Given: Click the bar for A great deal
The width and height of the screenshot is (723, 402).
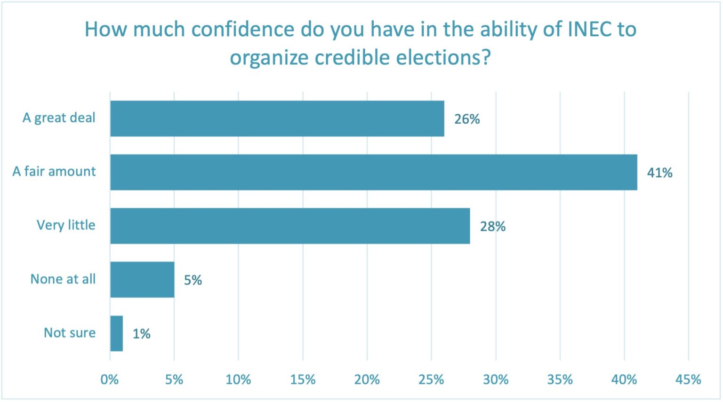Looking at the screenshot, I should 277,118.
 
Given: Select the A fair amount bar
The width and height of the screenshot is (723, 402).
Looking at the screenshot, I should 373,172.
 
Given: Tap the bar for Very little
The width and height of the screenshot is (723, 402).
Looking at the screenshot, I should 290,226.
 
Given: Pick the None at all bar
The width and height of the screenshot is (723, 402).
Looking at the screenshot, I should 142,280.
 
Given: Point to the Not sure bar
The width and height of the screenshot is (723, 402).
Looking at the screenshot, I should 116,333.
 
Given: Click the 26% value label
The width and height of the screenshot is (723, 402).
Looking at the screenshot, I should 467,119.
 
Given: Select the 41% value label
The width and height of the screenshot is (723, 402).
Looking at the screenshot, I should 659,173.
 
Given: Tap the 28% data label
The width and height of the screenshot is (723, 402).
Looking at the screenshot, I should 492,227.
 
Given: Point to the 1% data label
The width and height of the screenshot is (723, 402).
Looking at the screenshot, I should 141,334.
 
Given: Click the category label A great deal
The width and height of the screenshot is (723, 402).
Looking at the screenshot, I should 59,118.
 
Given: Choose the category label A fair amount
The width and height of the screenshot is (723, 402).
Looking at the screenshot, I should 54,172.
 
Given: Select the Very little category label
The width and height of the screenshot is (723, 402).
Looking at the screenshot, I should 66,225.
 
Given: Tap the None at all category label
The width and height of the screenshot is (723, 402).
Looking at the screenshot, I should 63,279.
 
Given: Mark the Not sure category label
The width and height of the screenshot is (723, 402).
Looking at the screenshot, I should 70,333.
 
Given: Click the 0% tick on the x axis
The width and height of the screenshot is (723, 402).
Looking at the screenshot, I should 110,379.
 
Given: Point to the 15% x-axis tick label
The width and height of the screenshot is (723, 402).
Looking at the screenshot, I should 303,379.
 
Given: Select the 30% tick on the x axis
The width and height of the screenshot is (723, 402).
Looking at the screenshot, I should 496,379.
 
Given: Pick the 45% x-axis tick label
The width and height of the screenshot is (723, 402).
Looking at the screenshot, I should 688,379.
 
